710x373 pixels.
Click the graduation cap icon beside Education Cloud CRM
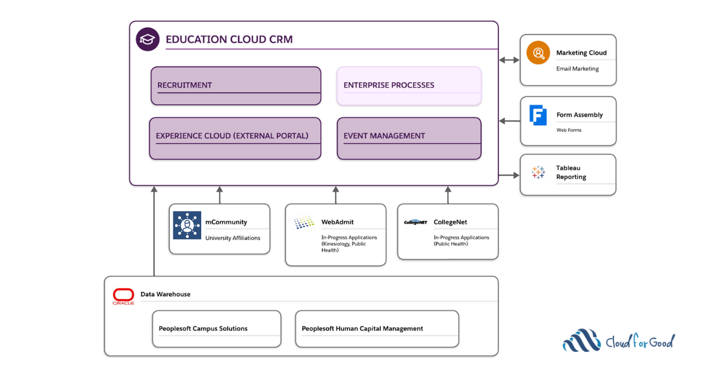point(148,40)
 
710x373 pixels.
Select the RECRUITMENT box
point(235,86)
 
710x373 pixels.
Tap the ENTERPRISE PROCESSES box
point(409,86)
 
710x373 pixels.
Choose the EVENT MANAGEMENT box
point(409,138)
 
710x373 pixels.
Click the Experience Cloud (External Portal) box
point(235,138)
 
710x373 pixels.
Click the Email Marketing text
point(577,69)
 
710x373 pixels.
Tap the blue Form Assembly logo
point(538,115)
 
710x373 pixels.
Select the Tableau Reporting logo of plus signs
point(538,172)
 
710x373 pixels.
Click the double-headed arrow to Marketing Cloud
point(509,60)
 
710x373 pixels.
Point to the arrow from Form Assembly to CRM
point(509,121)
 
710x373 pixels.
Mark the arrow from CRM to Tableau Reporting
point(509,175)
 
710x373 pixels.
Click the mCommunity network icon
point(187,226)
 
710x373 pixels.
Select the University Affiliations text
point(233,238)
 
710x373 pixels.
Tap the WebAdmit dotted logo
point(304,223)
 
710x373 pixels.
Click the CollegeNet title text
point(450,222)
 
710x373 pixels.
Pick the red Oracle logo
point(124,296)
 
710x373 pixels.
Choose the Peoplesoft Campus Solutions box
point(217,329)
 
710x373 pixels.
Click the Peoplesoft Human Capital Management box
point(377,329)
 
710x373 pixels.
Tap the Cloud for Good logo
point(618,341)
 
